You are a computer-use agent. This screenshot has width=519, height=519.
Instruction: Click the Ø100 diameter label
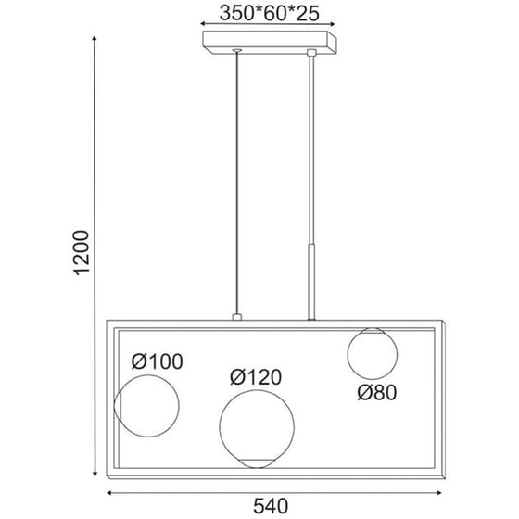157,361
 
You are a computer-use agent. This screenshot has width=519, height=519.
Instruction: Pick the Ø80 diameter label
377,392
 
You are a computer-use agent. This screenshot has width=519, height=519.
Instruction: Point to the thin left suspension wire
237,185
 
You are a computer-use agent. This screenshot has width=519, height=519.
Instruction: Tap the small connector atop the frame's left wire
237,318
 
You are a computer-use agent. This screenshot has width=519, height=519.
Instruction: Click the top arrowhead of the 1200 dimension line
95,37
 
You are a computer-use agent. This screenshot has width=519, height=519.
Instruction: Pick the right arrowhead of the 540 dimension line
441,492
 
